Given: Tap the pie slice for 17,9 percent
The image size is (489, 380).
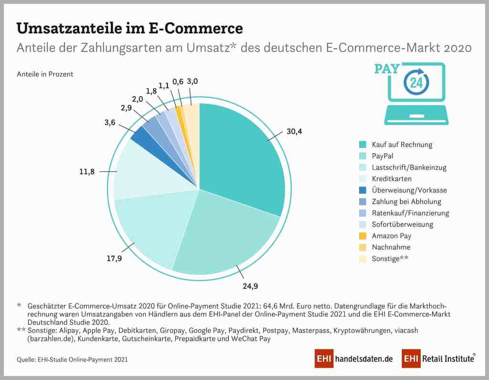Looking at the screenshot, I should pos(148,229).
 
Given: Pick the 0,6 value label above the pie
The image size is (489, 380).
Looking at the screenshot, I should pos(178,82).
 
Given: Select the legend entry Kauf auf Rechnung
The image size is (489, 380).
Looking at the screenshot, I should pos(402,144).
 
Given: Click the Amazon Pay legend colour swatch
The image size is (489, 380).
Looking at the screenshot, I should pos(363,236).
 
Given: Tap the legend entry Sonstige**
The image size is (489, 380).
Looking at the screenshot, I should pos(391,259).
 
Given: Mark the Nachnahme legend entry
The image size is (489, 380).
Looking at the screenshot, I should pos(391,247).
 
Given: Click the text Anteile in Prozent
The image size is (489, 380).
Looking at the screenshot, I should pos(45,74).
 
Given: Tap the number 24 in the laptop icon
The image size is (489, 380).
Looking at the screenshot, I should pos(416,83).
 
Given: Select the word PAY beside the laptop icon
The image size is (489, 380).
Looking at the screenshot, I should pos(387,68).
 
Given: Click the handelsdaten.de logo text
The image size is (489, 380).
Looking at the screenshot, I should pos(364,359).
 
